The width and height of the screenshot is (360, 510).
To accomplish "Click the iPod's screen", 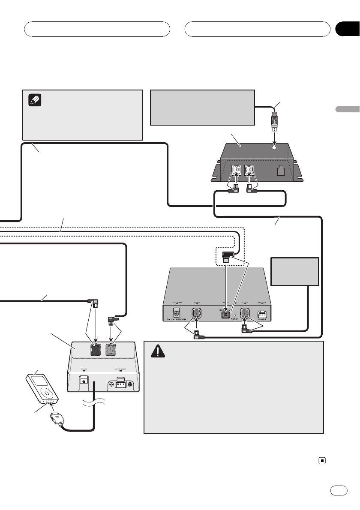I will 39,380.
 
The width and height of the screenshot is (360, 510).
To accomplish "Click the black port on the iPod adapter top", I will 95,350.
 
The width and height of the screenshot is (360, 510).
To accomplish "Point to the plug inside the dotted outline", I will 228,258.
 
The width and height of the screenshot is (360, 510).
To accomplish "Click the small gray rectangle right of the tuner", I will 295,271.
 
